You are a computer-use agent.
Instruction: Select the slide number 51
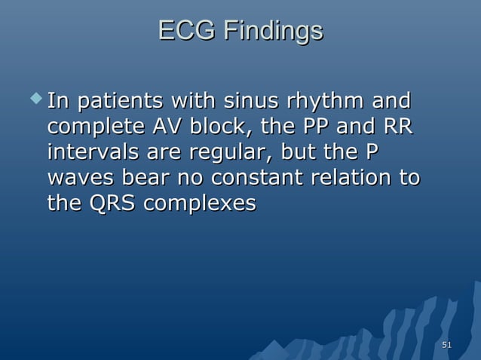[446, 345]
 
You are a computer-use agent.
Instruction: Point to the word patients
[120, 100]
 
